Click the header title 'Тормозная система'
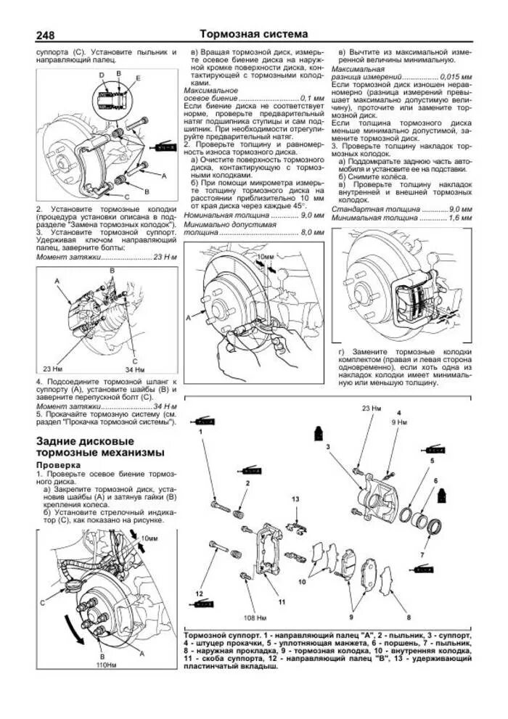(x=253, y=34)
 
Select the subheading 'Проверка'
(x=59, y=464)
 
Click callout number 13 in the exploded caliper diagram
(x=295, y=499)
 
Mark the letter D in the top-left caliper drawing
(x=102, y=75)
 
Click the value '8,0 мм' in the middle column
(x=313, y=232)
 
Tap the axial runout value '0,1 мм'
(x=313, y=98)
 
